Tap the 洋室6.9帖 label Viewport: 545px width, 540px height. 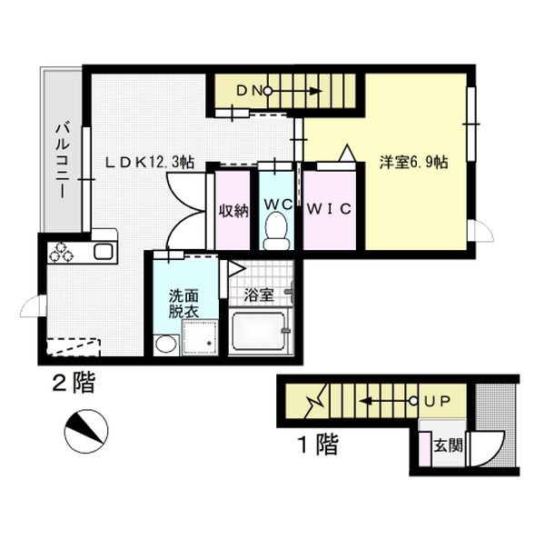[412, 163]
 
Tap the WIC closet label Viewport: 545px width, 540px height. [328, 207]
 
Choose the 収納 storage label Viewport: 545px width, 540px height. [233, 209]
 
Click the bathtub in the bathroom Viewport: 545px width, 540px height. [259, 335]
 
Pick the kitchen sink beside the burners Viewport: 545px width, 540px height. [100, 253]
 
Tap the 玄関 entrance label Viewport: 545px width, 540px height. [445, 445]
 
